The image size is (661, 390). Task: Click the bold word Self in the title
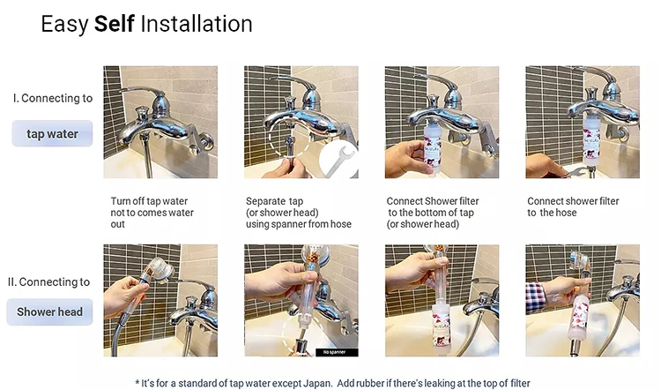pyautogui.click(x=114, y=24)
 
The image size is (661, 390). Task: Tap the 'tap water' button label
pyautogui.click(x=52, y=134)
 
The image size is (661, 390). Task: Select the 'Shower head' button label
pyautogui.click(x=49, y=312)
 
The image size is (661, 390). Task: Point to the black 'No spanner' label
pyautogui.click(x=337, y=352)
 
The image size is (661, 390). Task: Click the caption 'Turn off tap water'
pyautogui.click(x=149, y=201)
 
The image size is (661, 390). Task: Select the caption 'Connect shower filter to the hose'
pyautogui.click(x=573, y=206)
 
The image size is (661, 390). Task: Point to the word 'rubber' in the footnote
pyautogui.click(x=369, y=383)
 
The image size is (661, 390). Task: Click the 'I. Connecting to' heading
pyautogui.click(x=53, y=98)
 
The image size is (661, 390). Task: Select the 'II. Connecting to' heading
pyautogui.click(x=48, y=282)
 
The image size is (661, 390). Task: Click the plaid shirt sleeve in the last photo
pyautogui.click(x=535, y=296)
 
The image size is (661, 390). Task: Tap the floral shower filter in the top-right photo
pyautogui.click(x=591, y=139)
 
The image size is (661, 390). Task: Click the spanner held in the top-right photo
pyautogui.click(x=578, y=172)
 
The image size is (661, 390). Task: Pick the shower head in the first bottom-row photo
pyautogui.click(x=156, y=270)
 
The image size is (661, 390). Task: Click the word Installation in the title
pyautogui.click(x=197, y=24)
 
